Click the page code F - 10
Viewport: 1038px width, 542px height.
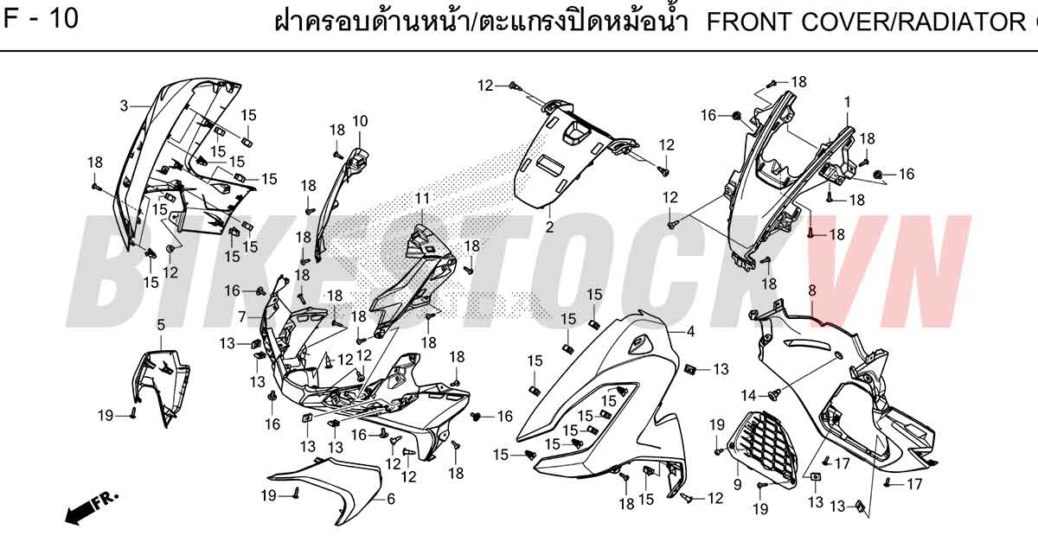click(41, 18)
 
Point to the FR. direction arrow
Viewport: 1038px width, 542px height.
click(92, 508)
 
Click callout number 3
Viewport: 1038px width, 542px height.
click(124, 106)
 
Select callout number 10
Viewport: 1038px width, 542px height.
click(360, 121)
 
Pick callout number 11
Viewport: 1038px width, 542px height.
click(422, 199)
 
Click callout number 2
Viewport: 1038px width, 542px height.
click(549, 227)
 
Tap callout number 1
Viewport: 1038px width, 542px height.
click(847, 102)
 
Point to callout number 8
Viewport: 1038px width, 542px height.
click(812, 290)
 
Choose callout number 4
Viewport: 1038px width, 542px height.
click(690, 331)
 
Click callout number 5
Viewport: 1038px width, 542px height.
click(161, 325)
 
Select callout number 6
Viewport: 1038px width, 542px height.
click(391, 499)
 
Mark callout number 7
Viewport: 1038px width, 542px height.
click(242, 317)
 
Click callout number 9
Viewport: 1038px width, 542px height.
click(737, 485)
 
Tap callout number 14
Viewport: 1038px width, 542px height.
click(748, 396)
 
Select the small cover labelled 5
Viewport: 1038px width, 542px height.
click(161, 385)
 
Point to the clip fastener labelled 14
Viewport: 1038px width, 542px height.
click(774, 394)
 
